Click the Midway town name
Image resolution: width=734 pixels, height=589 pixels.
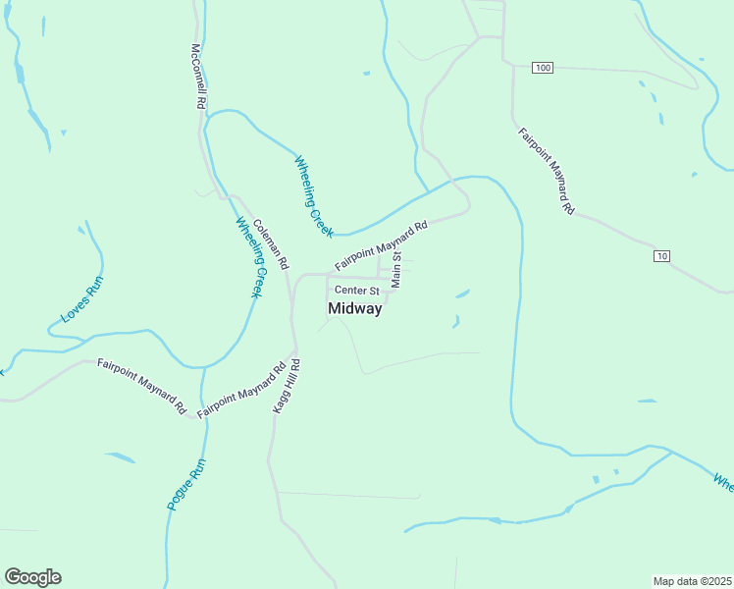click(354, 308)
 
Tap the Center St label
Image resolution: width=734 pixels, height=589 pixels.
click(356, 291)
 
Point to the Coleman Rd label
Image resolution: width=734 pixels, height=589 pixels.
click(271, 244)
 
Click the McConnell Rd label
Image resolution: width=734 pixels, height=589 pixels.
click(199, 76)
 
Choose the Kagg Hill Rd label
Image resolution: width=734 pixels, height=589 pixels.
click(286, 385)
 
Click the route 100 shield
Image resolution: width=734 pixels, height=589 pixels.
click(544, 67)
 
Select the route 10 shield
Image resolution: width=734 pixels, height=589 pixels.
click(663, 256)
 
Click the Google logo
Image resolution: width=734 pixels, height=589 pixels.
click(32, 577)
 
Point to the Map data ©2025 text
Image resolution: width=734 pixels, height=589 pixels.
click(693, 581)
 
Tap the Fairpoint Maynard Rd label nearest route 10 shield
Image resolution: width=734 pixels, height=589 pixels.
click(546, 172)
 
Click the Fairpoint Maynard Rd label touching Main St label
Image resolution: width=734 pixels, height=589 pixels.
click(381, 246)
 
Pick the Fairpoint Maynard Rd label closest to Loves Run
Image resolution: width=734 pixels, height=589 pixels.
click(141, 386)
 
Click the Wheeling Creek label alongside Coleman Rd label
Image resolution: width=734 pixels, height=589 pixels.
click(251, 257)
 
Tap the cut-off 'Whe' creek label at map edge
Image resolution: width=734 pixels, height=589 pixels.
click(723, 483)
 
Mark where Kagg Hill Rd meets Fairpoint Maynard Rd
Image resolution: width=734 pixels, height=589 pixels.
click(292, 350)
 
